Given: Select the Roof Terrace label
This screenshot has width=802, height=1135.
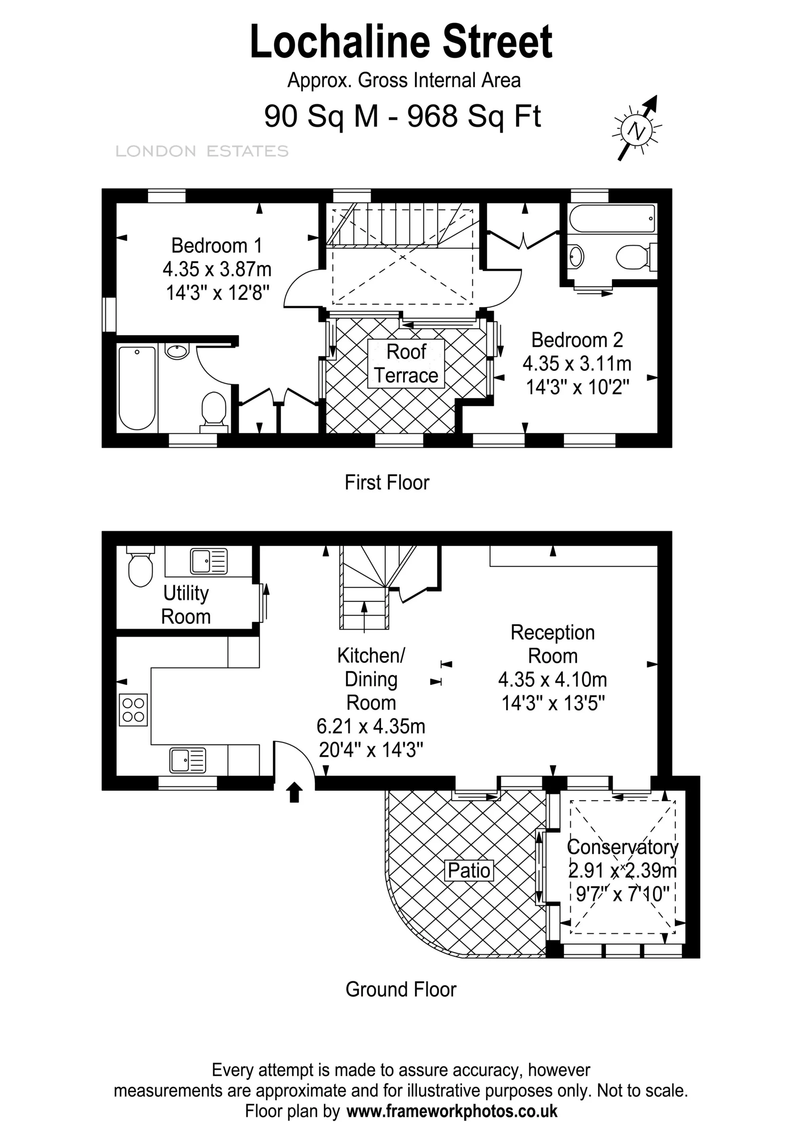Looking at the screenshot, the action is pos(406,363).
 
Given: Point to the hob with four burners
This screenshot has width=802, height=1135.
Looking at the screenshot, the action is pos(133,710).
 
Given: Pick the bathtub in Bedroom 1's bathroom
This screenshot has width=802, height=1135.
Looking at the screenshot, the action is pos(137,388).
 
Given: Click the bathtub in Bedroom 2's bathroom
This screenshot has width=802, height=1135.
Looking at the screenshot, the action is pos(612,219).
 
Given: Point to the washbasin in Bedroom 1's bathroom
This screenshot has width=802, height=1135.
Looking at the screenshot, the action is pos(176,351).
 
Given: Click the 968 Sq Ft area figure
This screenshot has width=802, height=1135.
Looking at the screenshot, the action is pos(474,116).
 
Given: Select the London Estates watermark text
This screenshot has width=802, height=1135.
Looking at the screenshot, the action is pos(202,151).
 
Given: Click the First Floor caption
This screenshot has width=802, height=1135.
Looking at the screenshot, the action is pos(387,483).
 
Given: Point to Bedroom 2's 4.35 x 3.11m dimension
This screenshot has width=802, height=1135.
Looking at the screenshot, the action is pos(577,363).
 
